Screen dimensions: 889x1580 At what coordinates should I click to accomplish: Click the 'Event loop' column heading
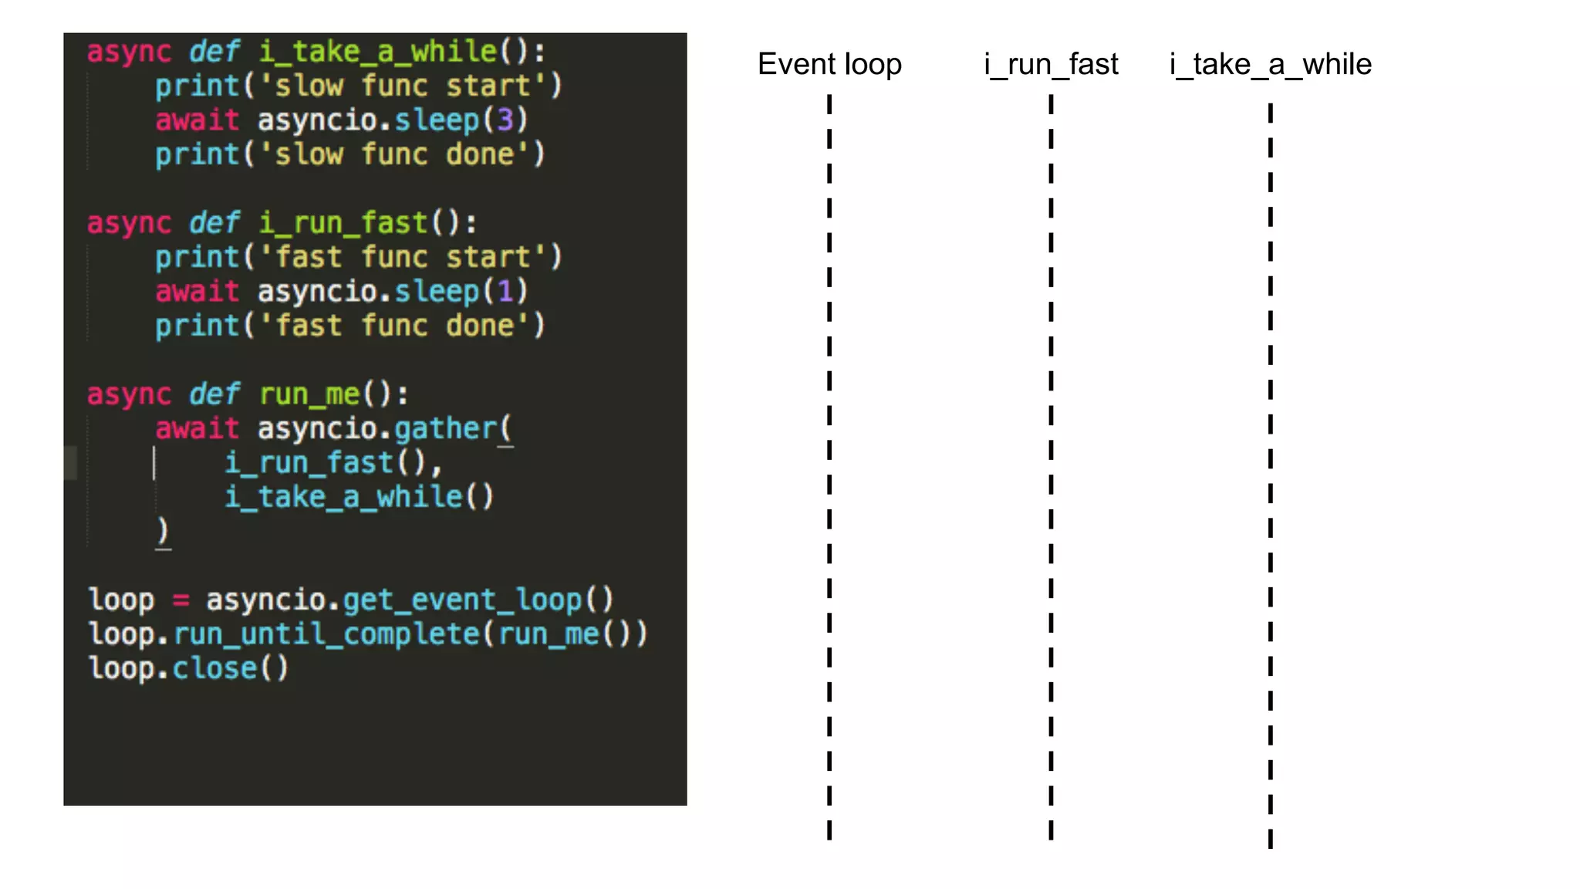click(x=829, y=64)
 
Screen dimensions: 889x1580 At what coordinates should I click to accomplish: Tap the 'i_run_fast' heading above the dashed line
click(x=1051, y=64)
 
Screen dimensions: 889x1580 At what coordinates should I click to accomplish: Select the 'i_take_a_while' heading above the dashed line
click(x=1270, y=64)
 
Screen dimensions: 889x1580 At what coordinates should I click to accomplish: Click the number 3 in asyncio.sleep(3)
click(x=505, y=120)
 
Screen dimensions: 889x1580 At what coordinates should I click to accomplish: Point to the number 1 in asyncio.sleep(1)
click(x=505, y=291)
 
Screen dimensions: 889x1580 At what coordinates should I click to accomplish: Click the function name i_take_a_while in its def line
click(x=378, y=52)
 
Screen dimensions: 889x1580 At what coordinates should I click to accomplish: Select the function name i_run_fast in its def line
click(x=343, y=223)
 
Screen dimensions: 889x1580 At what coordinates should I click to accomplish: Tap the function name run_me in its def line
click(x=309, y=394)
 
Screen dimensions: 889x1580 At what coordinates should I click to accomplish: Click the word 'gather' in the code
click(x=446, y=428)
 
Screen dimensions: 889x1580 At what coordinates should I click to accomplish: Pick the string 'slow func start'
click(x=402, y=86)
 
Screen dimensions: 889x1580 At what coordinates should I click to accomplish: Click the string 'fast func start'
click(x=402, y=257)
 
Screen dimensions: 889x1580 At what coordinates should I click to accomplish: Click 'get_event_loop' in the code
click(x=462, y=600)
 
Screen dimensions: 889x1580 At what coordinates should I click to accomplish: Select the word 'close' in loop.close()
click(x=214, y=668)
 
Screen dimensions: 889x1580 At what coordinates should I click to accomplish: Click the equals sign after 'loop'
click(x=181, y=600)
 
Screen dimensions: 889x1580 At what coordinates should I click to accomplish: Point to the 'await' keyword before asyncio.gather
click(x=197, y=428)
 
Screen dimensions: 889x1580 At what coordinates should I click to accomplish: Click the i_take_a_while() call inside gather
click(x=359, y=497)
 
